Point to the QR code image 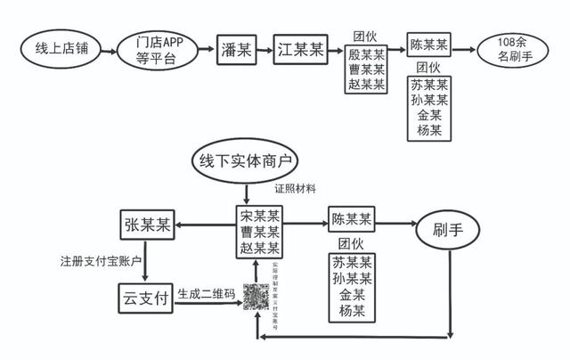click(x=257, y=298)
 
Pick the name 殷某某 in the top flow click(x=366, y=55)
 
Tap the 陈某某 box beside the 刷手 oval click(x=352, y=219)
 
